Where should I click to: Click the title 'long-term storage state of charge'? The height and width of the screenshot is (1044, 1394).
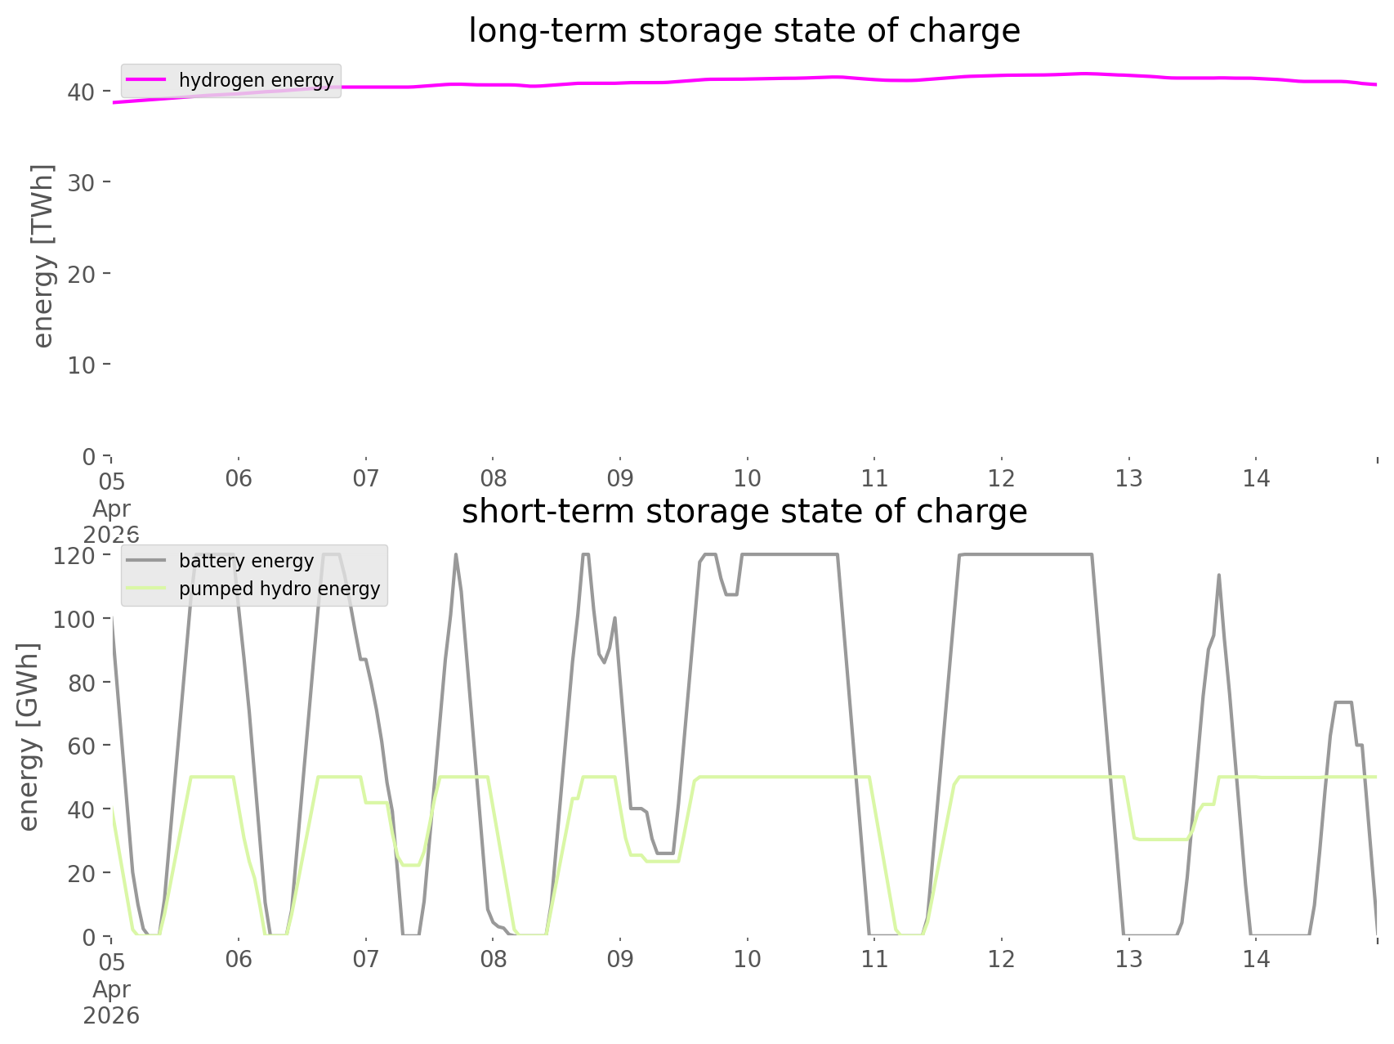(744, 31)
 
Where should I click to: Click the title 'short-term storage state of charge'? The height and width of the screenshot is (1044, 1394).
(744, 512)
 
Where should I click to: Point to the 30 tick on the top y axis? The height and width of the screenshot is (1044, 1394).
(81, 182)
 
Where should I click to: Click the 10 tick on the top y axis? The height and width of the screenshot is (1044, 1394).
(81, 365)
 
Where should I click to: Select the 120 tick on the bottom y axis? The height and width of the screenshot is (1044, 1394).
(74, 556)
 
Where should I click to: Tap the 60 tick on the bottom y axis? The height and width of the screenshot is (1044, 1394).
(81, 746)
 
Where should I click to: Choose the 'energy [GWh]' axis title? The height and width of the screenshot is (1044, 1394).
(28, 737)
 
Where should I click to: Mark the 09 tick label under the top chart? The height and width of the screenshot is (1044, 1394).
(620, 478)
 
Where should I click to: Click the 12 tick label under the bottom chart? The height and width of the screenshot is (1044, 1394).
(1002, 959)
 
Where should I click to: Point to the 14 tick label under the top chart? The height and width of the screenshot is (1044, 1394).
(1257, 478)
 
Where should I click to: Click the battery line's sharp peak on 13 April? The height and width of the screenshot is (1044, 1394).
(1218, 575)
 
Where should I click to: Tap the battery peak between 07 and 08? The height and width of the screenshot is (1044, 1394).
(456, 555)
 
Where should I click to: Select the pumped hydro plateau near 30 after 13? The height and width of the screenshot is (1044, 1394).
(1161, 839)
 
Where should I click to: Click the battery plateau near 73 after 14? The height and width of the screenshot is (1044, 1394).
(1343, 702)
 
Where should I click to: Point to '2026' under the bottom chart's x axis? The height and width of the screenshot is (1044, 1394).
(111, 1016)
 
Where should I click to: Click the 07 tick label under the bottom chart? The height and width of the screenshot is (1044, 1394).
(365, 959)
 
